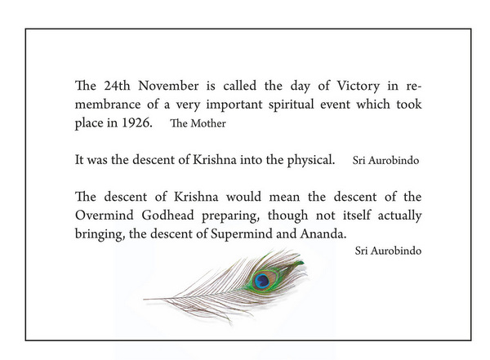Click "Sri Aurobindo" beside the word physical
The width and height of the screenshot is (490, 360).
click(x=386, y=161)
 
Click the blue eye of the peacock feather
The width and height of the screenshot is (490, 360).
click(x=262, y=281)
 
